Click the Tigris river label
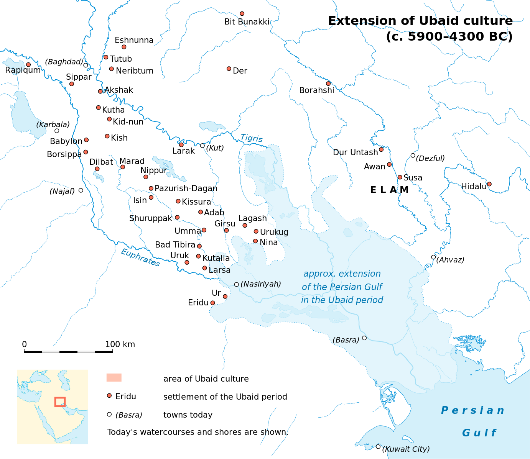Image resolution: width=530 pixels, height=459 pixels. point(251,138)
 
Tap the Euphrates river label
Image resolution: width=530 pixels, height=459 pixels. point(140,257)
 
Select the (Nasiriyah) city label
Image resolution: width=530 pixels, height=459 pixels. point(261,284)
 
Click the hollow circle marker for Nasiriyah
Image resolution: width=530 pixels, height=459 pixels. point(237,284)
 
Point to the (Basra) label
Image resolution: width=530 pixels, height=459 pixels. point(346,340)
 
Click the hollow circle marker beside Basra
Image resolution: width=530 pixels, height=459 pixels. point(364,338)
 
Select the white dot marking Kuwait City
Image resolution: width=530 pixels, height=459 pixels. point(378,446)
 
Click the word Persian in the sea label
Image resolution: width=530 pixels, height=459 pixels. point(472,410)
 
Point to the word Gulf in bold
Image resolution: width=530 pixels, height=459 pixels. point(479,433)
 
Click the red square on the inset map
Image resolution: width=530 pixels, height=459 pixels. point(60,402)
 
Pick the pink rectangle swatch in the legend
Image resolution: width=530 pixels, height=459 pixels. point(114,377)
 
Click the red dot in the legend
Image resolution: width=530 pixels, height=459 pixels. point(109,395)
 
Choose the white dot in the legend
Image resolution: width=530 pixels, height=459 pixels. point(109,414)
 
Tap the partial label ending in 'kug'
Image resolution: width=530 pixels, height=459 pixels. point(281,232)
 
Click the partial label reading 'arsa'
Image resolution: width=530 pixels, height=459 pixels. point(222,270)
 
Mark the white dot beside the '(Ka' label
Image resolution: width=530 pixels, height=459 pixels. point(57,131)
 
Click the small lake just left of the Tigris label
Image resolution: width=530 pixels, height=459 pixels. point(212,126)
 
